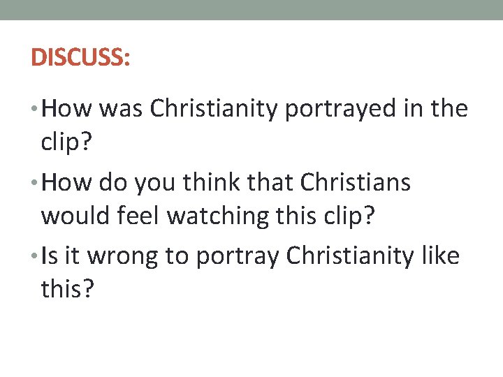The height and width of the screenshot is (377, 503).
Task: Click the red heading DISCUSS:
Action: pos(80,57)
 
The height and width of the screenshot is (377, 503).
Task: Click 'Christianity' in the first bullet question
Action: pos(213,109)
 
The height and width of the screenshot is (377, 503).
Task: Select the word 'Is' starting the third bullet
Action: pos(49,256)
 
